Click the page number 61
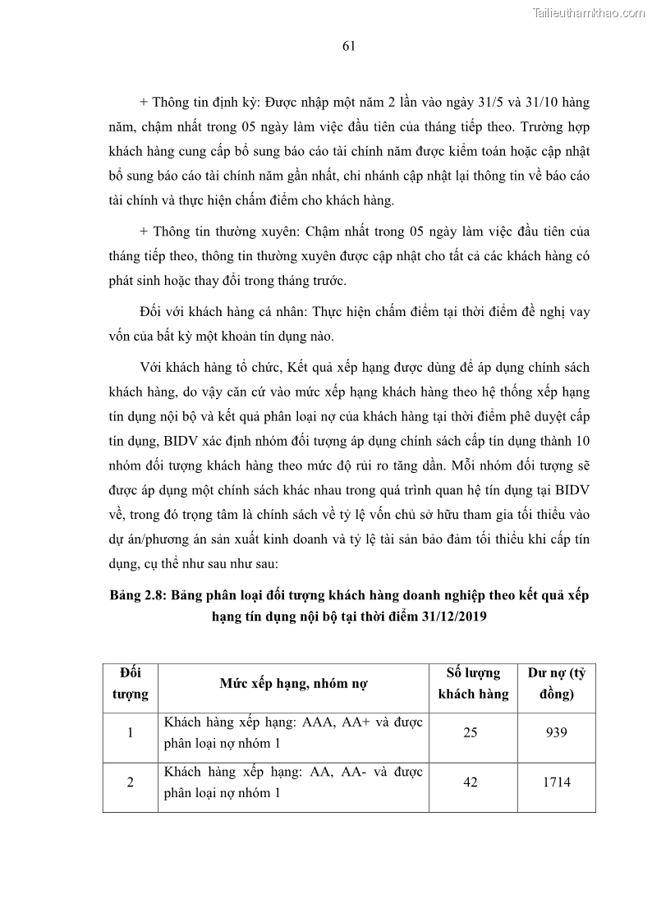pos(348,46)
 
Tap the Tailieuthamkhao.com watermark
pos(589,12)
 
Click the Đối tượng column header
pos(131,684)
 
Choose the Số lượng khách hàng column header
pos(473,684)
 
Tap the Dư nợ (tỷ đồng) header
pos(556,684)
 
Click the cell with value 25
pos(470,732)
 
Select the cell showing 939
pos(556,732)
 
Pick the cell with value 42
pos(470,782)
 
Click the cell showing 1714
pos(556,782)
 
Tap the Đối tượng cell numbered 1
pos(131,732)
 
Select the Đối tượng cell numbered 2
pos(131,782)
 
